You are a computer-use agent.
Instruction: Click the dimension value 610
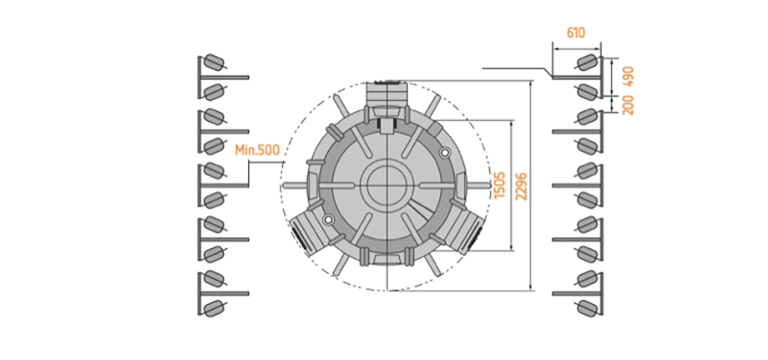(576, 33)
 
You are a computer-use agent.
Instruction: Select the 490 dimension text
(628, 76)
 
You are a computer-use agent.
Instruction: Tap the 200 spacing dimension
(628, 105)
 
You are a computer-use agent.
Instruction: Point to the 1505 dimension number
(499, 185)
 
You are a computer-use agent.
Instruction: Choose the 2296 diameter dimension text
(522, 186)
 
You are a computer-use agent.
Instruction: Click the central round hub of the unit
(387, 185)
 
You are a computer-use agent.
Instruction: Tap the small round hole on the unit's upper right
(445, 153)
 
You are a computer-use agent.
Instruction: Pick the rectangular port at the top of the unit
(387, 93)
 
